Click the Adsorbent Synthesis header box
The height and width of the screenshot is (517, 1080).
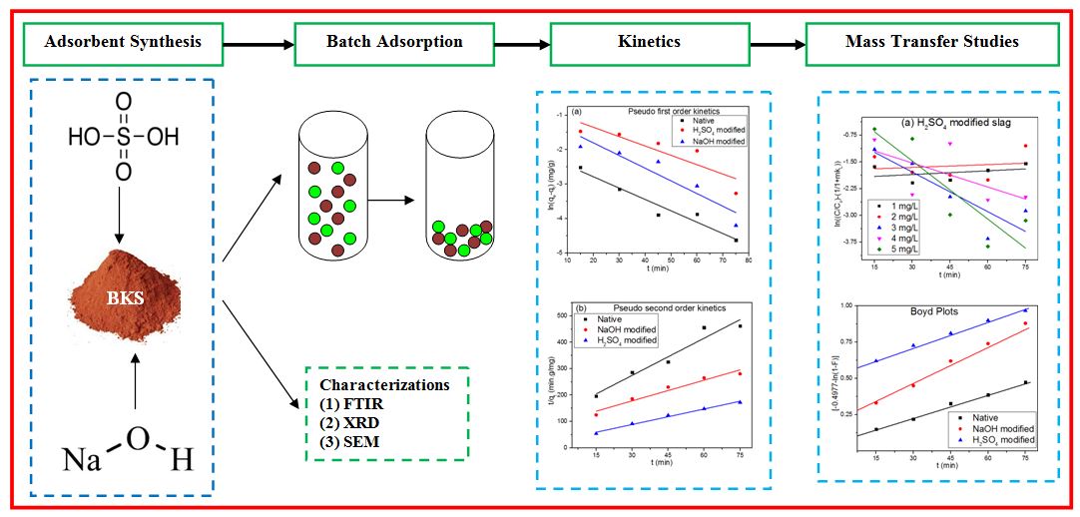point(124,42)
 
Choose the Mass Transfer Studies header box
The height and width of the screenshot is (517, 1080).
point(932,42)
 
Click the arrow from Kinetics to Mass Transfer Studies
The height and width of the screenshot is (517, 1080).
point(778,44)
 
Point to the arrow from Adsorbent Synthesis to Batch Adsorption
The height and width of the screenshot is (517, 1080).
point(258,44)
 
